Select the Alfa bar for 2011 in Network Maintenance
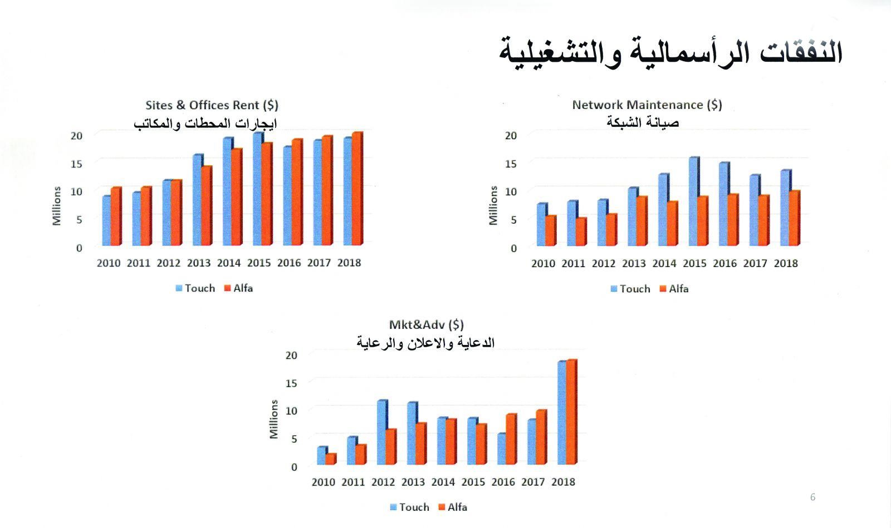click(x=580, y=231)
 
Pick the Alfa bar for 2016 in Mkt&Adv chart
click(x=511, y=439)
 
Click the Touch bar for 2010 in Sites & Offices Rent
click(x=106, y=220)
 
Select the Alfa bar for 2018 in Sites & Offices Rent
click(x=356, y=189)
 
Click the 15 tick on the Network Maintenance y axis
click(x=511, y=164)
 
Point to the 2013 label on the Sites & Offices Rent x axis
click(x=199, y=263)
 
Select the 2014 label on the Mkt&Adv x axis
click(x=443, y=482)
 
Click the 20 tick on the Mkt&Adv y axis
click(x=291, y=355)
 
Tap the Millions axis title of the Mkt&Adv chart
click(x=273, y=419)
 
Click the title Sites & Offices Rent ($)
click(x=212, y=105)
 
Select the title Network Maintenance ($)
click(x=647, y=105)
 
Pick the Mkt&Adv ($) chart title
click(x=426, y=324)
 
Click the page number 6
click(x=812, y=497)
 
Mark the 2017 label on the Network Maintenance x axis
click(x=755, y=263)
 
